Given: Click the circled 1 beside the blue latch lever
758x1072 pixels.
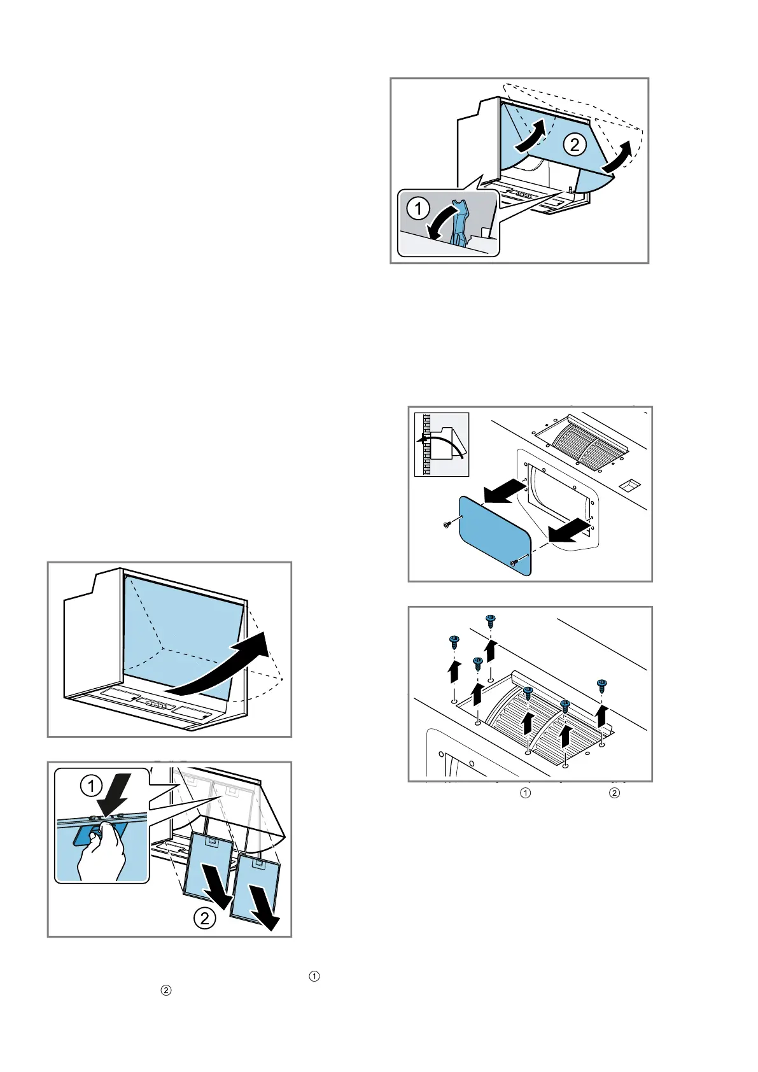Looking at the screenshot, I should tap(418, 209).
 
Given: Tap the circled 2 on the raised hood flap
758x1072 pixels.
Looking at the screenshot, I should tap(574, 145).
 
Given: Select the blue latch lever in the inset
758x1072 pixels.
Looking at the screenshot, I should tap(459, 223).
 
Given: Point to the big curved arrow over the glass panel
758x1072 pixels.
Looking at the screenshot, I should tap(223, 665).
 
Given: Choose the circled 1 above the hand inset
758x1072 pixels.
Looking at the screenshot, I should tap(91, 786).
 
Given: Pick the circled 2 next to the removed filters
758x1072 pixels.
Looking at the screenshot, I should tap(204, 919).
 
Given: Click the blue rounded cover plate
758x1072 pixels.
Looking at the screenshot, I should tap(495, 535).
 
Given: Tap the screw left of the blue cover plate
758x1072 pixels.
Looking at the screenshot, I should tap(447, 524).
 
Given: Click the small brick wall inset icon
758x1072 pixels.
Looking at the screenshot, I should tap(442, 444).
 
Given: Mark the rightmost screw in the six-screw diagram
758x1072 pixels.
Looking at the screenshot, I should tap(601, 686).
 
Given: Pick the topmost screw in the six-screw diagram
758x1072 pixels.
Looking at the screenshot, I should tap(490, 619).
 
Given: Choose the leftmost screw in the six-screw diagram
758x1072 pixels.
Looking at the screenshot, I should tap(453, 641).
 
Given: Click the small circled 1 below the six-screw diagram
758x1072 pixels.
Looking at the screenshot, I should tap(526, 793).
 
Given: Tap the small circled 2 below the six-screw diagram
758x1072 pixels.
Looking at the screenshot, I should tap(614, 793).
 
